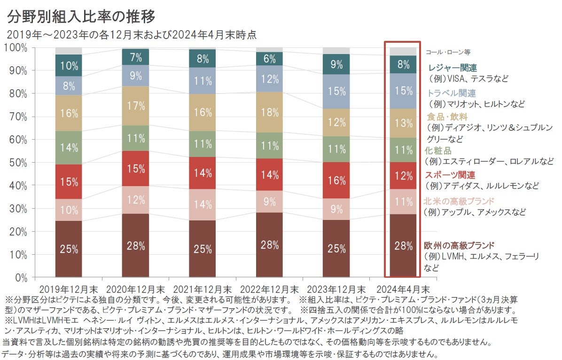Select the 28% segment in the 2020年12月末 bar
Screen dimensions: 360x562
[x=136, y=245]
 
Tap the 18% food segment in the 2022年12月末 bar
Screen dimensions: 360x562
[x=269, y=112]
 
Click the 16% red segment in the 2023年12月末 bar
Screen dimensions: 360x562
[x=336, y=180]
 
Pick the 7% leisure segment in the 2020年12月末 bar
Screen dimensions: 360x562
[x=136, y=57]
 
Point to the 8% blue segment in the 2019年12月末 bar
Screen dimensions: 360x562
[x=69, y=86]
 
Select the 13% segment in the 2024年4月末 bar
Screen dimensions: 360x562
[x=403, y=124]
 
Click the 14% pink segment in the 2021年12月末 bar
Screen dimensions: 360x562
[x=203, y=204]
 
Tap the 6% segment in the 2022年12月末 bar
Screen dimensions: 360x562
[x=269, y=59]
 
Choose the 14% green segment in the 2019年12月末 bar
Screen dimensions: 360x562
[x=69, y=148]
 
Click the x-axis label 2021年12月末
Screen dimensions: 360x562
[x=203, y=288]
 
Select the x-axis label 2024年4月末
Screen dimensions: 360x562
[x=403, y=288]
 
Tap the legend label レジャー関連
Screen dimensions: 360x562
[x=452, y=69]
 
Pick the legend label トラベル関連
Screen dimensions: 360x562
[x=451, y=94]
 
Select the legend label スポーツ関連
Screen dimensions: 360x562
[x=450, y=175]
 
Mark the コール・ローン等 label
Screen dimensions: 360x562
[x=448, y=52]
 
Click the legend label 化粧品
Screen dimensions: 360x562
[x=438, y=151]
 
